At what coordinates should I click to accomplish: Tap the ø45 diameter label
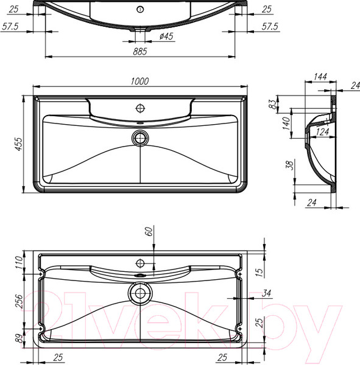click(x=166, y=37)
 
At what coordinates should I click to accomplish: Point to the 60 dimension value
click(x=147, y=232)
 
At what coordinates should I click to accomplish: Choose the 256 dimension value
click(x=18, y=302)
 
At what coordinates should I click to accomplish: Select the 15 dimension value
click(x=259, y=272)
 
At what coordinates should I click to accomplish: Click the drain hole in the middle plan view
click(x=141, y=136)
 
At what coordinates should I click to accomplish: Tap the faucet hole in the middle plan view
click(x=141, y=108)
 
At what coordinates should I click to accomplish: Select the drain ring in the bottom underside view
click(x=141, y=294)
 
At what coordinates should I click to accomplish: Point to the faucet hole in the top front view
click(x=140, y=9)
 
